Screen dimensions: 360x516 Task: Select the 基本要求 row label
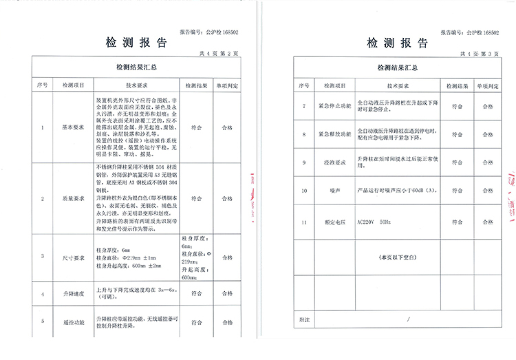72,128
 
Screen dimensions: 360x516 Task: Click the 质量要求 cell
72,198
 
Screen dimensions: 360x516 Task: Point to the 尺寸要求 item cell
72,257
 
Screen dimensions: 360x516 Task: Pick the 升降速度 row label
72,294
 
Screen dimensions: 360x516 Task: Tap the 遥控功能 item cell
72,321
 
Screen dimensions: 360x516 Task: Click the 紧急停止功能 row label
334,107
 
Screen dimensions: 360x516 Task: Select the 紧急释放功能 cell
334,134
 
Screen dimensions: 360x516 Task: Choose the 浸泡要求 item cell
334,162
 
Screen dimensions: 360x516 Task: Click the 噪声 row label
334,189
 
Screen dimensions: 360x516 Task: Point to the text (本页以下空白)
395,257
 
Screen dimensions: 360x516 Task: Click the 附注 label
303,319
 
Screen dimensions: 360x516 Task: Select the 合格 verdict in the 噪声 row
488,189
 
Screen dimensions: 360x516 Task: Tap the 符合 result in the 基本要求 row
196,128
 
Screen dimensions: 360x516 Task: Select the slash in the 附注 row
407,319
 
